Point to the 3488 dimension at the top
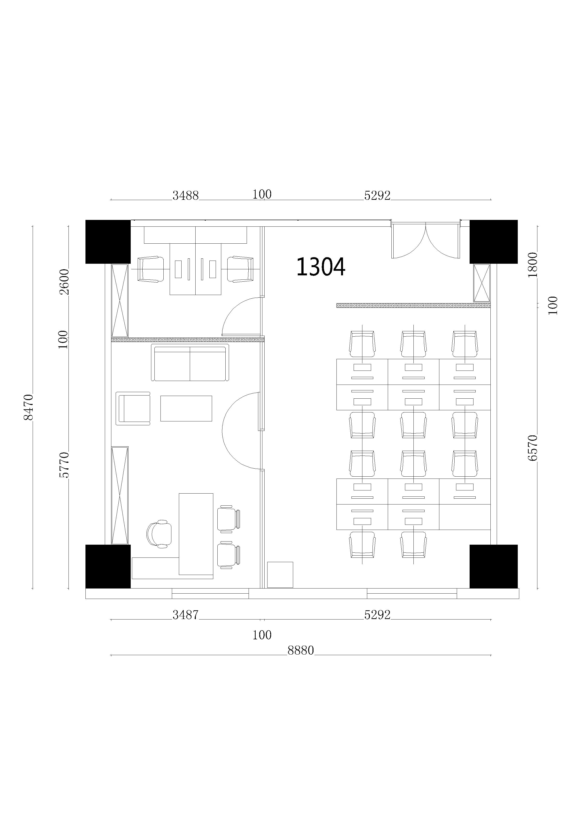(x=185, y=196)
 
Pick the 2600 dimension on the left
(x=64, y=282)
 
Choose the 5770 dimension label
(x=64, y=465)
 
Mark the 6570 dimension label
(x=532, y=448)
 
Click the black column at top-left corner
(x=108, y=242)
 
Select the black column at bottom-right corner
(x=493, y=566)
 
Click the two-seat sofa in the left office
(x=190, y=363)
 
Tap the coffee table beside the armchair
(x=186, y=408)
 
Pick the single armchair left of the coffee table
(x=133, y=408)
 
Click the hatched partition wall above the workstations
(x=413, y=305)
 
